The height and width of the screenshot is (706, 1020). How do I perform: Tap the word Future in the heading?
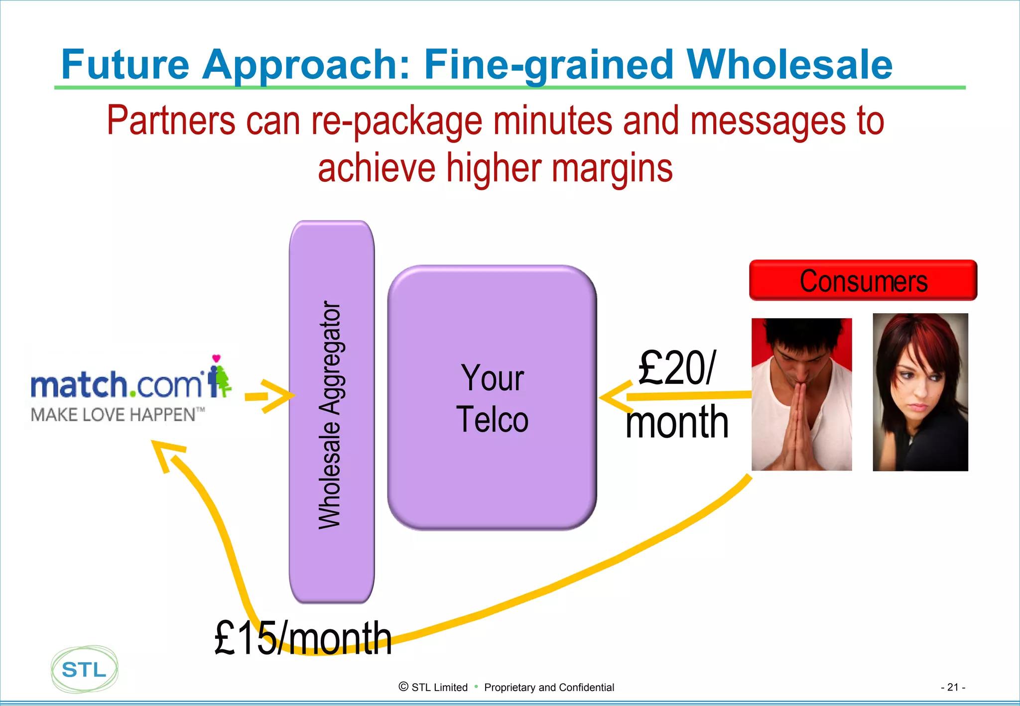(x=125, y=65)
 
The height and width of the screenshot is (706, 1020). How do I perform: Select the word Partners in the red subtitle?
(x=171, y=121)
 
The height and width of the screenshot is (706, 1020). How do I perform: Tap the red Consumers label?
(x=863, y=281)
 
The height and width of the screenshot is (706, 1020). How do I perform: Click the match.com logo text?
(x=117, y=384)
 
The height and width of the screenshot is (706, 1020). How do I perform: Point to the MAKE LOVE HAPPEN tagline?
(x=117, y=415)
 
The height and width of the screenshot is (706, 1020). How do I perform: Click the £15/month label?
(x=303, y=638)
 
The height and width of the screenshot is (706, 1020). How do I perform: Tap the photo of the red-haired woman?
(x=920, y=392)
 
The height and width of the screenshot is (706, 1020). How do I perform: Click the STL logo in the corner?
(x=84, y=670)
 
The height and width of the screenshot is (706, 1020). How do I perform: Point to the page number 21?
(x=953, y=687)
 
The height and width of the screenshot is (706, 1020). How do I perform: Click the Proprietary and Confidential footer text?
(x=549, y=688)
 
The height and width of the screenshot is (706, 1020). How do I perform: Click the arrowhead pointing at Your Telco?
(x=614, y=397)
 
